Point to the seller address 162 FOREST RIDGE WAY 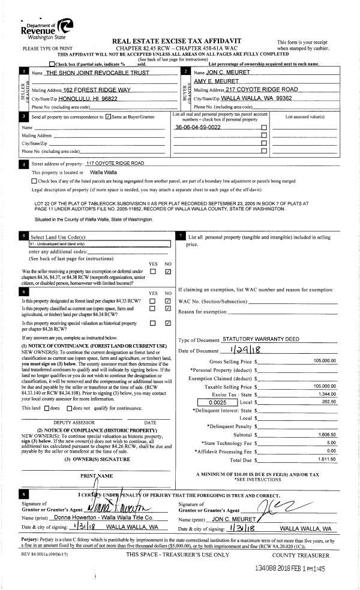[x=97, y=89]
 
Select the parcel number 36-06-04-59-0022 [x=198, y=128]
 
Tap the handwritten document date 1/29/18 [x=242, y=350]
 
